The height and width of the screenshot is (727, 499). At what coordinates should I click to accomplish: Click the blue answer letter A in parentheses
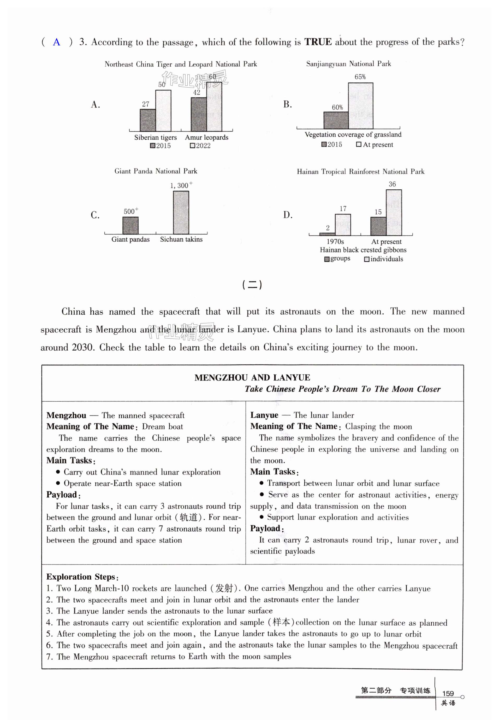[57, 42]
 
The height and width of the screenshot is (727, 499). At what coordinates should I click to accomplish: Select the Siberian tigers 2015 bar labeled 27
[147, 120]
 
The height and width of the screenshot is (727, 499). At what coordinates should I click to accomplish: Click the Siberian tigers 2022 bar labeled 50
[163, 111]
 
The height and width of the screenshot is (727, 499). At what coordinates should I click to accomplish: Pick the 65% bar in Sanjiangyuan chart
[360, 106]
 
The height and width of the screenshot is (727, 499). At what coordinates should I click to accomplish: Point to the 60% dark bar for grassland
[336, 120]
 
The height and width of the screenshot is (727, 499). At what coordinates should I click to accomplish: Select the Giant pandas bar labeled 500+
[130, 226]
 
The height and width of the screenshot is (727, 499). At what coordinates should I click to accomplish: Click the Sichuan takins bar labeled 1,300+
[181, 213]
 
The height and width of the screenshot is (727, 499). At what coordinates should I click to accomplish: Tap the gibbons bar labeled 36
[394, 213]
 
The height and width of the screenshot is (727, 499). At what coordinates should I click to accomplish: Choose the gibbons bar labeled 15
[378, 226]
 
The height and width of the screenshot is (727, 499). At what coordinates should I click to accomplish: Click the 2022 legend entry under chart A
[200, 146]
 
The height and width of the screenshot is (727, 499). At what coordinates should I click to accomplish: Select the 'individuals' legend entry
[384, 259]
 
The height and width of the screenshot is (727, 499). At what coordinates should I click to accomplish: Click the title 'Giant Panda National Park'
[156, 171]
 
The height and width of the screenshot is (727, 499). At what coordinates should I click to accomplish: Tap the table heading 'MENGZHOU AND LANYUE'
[252, 377]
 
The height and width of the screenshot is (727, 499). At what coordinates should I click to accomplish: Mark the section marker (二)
[252, 285]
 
